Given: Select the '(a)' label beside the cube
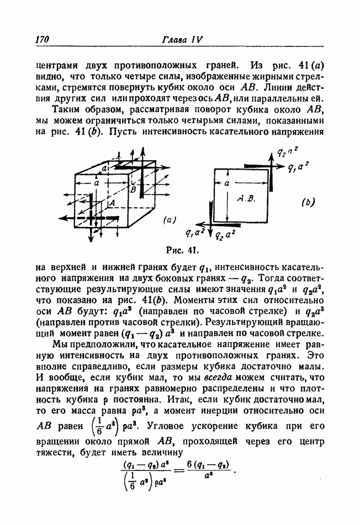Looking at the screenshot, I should pyautogui.click(x=169, y=219).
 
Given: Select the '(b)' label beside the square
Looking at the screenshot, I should pyautogui.click(x=308, y=202).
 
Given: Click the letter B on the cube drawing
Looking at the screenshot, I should pyautogui.click(x=133, y=190).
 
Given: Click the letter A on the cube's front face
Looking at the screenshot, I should pyautogui.click(x=112, y=204).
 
